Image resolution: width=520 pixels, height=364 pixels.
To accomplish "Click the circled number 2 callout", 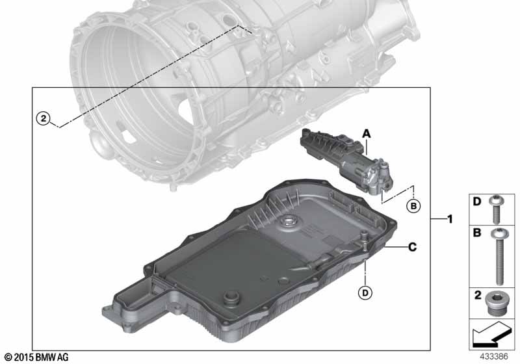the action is pos(44,118).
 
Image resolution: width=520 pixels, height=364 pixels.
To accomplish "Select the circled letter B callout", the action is pos(413,206).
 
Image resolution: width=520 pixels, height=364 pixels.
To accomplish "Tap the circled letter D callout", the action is pos(365,292).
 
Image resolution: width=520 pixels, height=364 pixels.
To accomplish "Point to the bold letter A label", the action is pos(366,134).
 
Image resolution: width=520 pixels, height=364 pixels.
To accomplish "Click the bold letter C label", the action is pos(412,247).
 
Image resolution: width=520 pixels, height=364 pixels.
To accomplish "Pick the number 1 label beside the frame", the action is pos(450,219).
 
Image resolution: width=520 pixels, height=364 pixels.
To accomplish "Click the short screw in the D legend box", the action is pos(497,209).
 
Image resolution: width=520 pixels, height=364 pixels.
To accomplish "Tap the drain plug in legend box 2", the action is pos(497,304).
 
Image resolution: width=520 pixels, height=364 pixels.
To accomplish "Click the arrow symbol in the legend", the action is pos(491,335).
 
